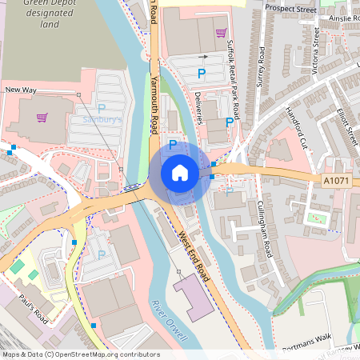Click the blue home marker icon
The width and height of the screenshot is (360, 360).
180,172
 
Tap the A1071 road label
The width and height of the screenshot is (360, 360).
338,182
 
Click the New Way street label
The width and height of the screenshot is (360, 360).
21,91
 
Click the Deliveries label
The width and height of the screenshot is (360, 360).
199,104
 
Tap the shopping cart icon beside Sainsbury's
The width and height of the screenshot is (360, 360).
42,118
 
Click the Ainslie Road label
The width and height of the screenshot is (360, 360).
342,17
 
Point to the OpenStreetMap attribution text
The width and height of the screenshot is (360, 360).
80,354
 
